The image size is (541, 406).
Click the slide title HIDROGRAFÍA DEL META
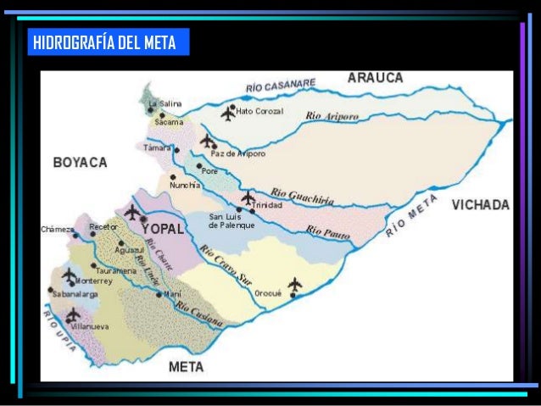point(103,43)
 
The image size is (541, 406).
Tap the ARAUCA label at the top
point(375,78)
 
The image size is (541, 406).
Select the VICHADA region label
point(480,205)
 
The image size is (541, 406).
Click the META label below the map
point(186,367)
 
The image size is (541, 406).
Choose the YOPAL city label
point(163,229)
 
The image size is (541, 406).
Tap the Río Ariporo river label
point(332,114)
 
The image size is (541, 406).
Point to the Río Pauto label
point(326,231)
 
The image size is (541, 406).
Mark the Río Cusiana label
point(200,313)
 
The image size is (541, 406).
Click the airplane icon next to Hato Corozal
point(228,112)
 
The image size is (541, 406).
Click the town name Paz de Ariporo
point(238,154)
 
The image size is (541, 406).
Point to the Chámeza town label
point(57,230)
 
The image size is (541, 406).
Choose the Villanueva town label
point(88,325)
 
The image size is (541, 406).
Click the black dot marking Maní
point(159,294)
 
